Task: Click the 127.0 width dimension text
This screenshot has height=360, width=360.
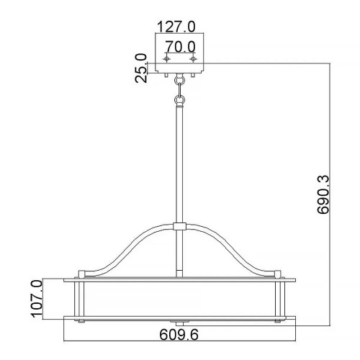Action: (176, 28)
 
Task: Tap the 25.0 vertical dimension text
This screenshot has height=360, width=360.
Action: (141, 67)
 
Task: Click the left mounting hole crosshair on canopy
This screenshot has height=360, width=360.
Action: (167, 60)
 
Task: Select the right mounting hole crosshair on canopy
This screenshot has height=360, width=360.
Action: (193, 60)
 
